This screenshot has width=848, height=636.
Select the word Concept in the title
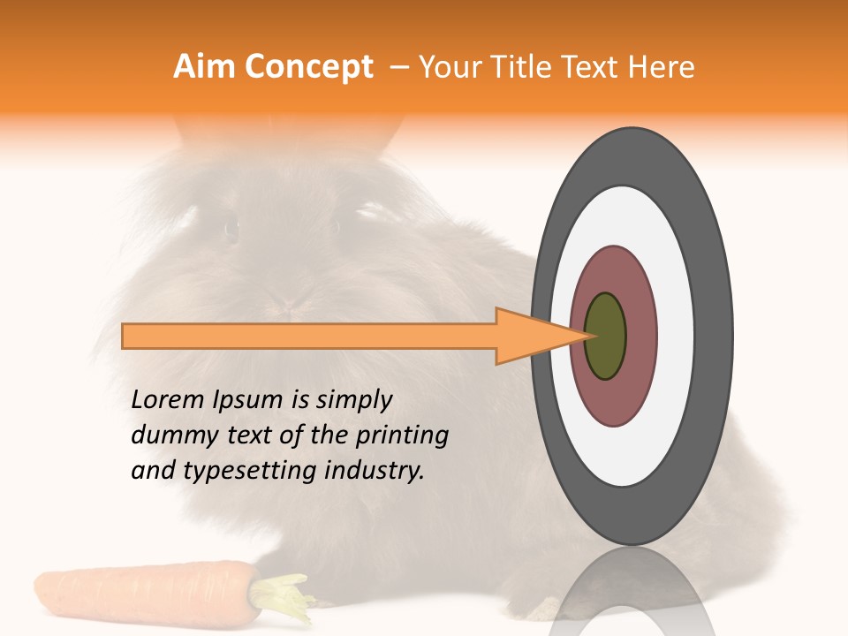coord(308,67)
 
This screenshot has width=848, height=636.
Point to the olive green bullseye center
coord(605,336)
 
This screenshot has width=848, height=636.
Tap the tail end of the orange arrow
coord(125,336)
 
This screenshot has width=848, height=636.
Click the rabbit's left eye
coord(231,229)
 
